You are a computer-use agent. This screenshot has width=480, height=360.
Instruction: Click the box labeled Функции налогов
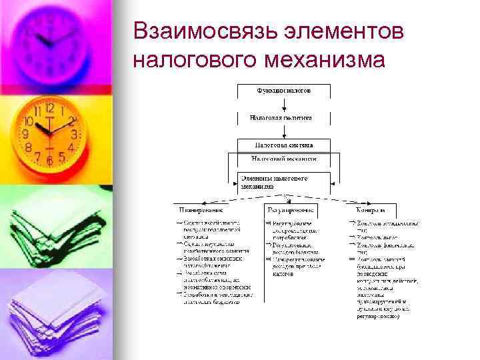click(x=283, y=90)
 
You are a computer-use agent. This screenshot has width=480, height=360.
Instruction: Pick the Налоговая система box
click(x=283, y=144)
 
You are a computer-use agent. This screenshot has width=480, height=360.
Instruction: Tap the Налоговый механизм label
click(x=283, y=159)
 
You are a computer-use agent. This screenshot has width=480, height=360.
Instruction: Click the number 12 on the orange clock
click(x=49, y=107)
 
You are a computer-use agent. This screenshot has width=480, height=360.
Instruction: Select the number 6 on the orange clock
click(x=49, y=161)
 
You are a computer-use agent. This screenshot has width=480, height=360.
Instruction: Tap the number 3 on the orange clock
click(x=75, y=135)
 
